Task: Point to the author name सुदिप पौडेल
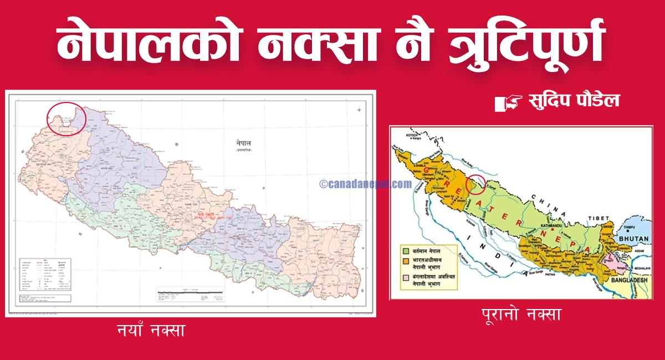574,101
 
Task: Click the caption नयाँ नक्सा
151,331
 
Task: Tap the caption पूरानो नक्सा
521,315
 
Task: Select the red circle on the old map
476,184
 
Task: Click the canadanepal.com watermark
365,184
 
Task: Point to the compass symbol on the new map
360,110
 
